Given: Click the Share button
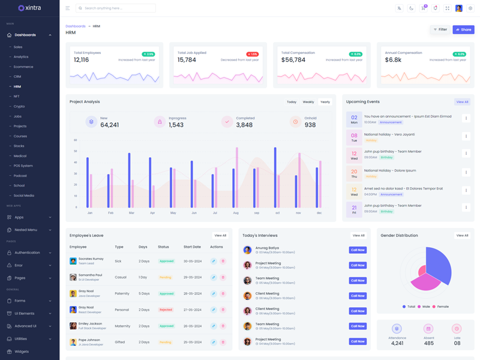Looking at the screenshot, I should click(x=463, y=29).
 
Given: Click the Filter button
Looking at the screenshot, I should click(x=440, y=29).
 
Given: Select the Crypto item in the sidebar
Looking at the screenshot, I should click(x=19, y=106).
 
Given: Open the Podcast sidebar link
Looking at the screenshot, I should click(x=20, y=176).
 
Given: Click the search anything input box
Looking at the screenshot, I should click(x=117, y=8).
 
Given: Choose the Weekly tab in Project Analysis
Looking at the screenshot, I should click(x=308, y=102).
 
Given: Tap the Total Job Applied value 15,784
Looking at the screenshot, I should click(x=187, y=60).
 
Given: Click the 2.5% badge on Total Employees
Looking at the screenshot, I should click(x=148, y=54).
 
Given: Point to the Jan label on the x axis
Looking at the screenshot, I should click(x=90, y=213).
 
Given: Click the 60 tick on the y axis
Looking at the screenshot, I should click(x=76, y=140).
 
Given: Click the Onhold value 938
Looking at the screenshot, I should click(x=310, y=125).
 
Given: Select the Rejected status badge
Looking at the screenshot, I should click(x=166, y=310).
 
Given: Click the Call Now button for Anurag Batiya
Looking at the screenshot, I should click(x=358, y=250).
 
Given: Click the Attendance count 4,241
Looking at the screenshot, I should click(x=397, y=343).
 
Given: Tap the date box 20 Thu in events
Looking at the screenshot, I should click(x=354, y=173).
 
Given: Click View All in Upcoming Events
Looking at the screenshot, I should click(x=462, y=102).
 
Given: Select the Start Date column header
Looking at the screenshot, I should click(x=192, y=247).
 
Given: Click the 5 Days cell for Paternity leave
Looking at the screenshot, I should click(x=144, y=293).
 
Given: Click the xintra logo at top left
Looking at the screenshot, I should click(x=29, y=8).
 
